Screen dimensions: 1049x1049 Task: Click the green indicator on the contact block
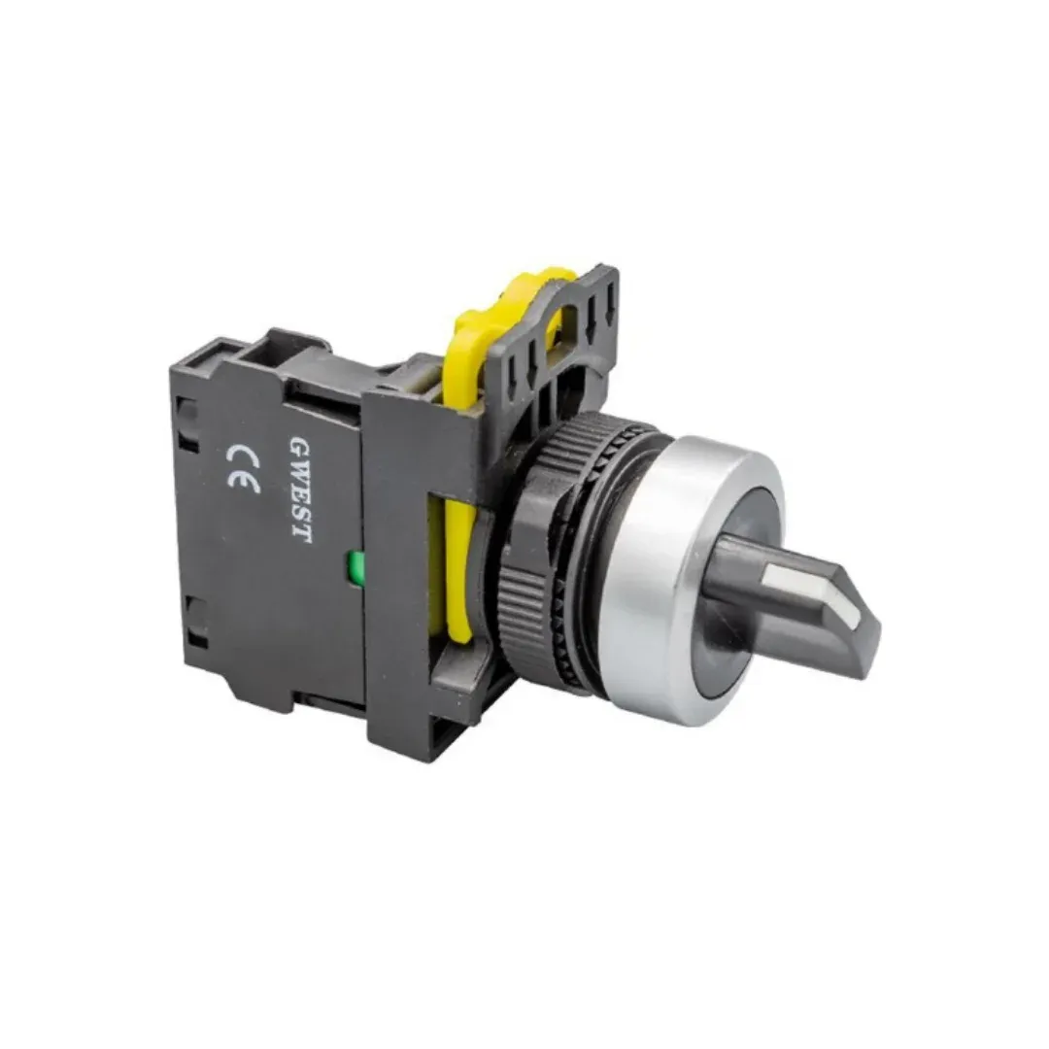(x=350, y=566)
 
